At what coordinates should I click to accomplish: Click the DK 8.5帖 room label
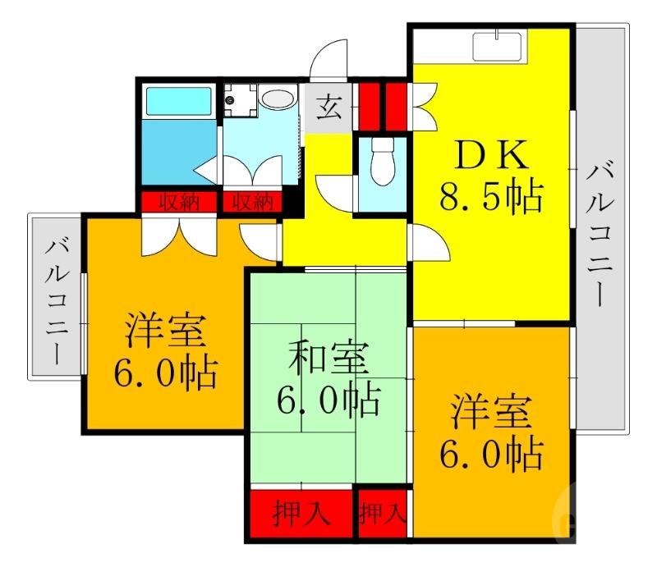pos(489,176)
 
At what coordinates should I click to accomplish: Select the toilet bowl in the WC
pos(382,162)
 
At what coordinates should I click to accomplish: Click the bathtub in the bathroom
pos(179,101)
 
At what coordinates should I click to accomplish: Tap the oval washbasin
pos(278,99)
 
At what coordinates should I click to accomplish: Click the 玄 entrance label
pos(329,107)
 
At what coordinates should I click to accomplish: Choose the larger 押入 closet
pos(301,514)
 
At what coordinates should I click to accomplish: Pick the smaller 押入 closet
pos(383,514)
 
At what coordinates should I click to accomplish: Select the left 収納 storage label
pos(179,202)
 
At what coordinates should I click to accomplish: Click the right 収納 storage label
pos(251,202)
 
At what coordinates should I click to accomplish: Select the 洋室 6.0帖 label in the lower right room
pos(490,432)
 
